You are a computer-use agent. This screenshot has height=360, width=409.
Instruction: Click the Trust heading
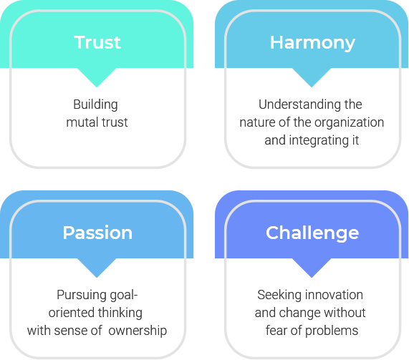coord(97,42)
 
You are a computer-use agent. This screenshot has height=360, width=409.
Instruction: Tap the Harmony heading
coord(312,43)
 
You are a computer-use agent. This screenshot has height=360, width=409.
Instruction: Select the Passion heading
coord(97,233)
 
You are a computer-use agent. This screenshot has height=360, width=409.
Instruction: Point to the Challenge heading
coord(312,233)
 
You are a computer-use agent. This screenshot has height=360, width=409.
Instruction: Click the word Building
coord(95,105)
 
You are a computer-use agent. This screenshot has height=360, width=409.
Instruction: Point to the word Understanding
coord(299,104)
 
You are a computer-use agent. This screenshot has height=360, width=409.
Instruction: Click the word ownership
coord(138,331)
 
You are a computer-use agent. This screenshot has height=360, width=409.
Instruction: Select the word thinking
coord(120,313)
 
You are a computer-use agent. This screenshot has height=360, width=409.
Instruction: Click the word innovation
coord(334,295)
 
